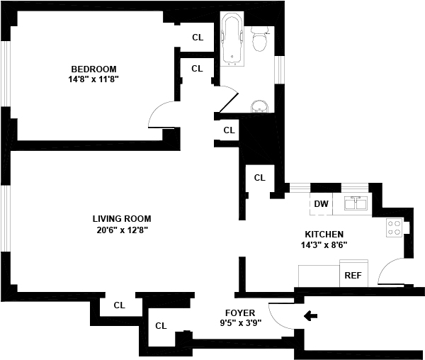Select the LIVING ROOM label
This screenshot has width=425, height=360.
point(121,219)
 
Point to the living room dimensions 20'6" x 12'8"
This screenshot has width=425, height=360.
point(121,230)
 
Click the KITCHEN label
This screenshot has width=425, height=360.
point(324,235)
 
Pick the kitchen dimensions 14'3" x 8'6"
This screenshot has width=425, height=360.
point(324,245)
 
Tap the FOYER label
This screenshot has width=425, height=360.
point(239,313)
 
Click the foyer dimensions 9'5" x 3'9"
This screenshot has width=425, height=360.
point(239,324)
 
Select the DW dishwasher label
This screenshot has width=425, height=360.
point(321,205)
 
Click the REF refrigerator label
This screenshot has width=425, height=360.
point(352,275)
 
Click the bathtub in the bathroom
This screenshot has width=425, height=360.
point(232,40)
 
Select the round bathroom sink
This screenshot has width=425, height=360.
point(260,106)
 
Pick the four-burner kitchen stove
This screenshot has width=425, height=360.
point(394,227)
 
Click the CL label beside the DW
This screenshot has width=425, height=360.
point(259,178)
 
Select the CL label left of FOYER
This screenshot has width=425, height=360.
point(161,327)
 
